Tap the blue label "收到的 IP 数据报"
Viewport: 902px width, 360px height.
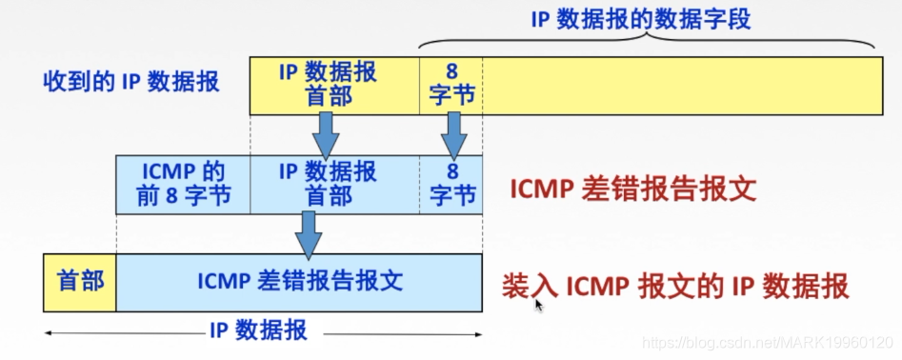pos(131,82)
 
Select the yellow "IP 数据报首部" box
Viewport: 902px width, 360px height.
pos(328,84)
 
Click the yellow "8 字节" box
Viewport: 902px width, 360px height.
pos(451,84)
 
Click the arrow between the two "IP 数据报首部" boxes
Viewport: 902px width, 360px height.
pos(326,134)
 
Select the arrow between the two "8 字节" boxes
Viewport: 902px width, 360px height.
pos(454,134)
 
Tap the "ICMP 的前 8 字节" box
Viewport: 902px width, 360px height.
pos(183,185)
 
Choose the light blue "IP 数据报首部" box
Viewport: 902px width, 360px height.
pos(328,185)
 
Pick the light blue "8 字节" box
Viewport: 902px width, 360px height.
pos(451,185)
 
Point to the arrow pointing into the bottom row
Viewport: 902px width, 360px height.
pos(307,234)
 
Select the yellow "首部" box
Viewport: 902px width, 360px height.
pos(80,282)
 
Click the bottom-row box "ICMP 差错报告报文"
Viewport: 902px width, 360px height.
pos(299,282)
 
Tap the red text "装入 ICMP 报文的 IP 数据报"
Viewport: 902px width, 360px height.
pos(674,287)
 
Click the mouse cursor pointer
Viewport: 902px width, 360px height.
pos(539,305)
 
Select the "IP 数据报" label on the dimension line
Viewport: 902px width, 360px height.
pos(258,331)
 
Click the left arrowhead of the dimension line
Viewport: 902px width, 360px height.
pos(49,333)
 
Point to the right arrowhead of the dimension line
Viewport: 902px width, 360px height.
pos(478,333)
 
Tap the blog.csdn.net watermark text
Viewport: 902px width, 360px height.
pos(768,341)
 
